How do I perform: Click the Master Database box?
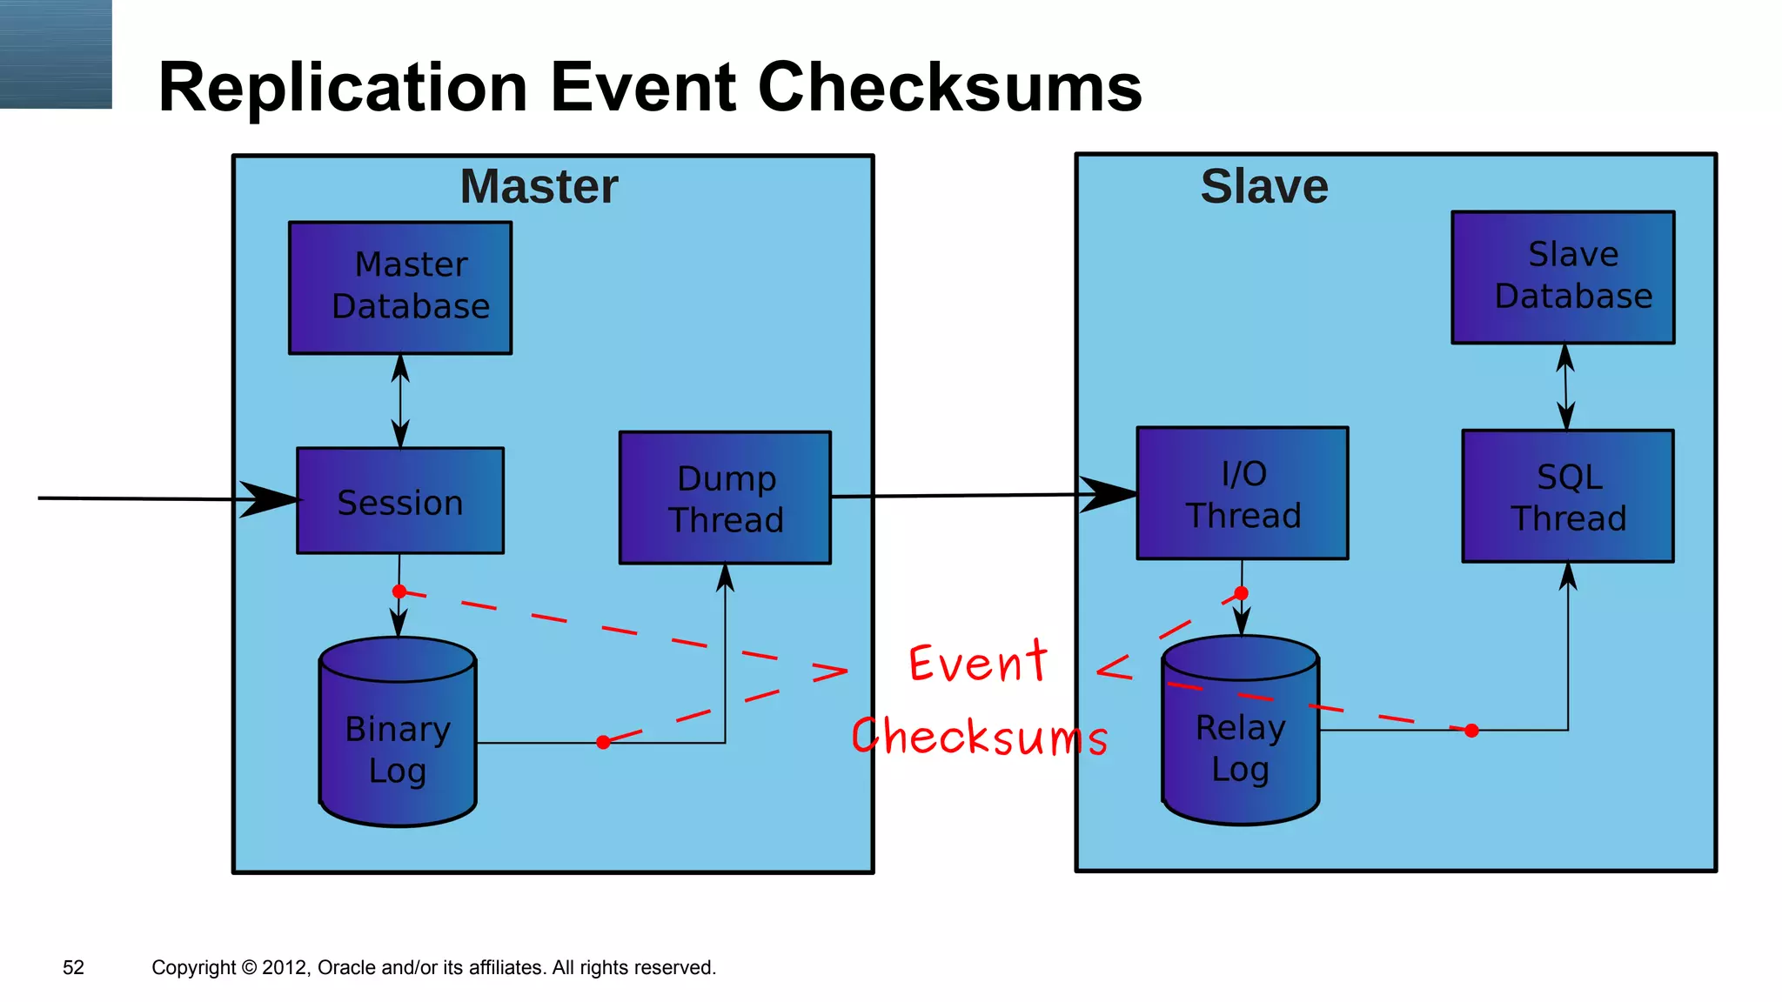[400, 288]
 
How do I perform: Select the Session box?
[400, 501]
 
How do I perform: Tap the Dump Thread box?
[725, 498]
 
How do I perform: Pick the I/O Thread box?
[1243, 493]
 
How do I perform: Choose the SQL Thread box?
[1568, 497]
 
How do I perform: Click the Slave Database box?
[1563, 277]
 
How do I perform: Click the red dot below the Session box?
[399, 591]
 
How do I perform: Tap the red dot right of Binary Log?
[603, 742]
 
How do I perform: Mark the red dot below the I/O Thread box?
[1242, 593]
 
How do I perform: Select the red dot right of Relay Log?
[1471, 731]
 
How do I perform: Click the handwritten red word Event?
[978, 663]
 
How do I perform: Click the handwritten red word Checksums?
[980, 737]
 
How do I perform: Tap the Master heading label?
[539, 186]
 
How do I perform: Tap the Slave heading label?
[1264, 186]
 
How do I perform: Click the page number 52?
[73, 967]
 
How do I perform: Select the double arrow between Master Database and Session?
[400, 401]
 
